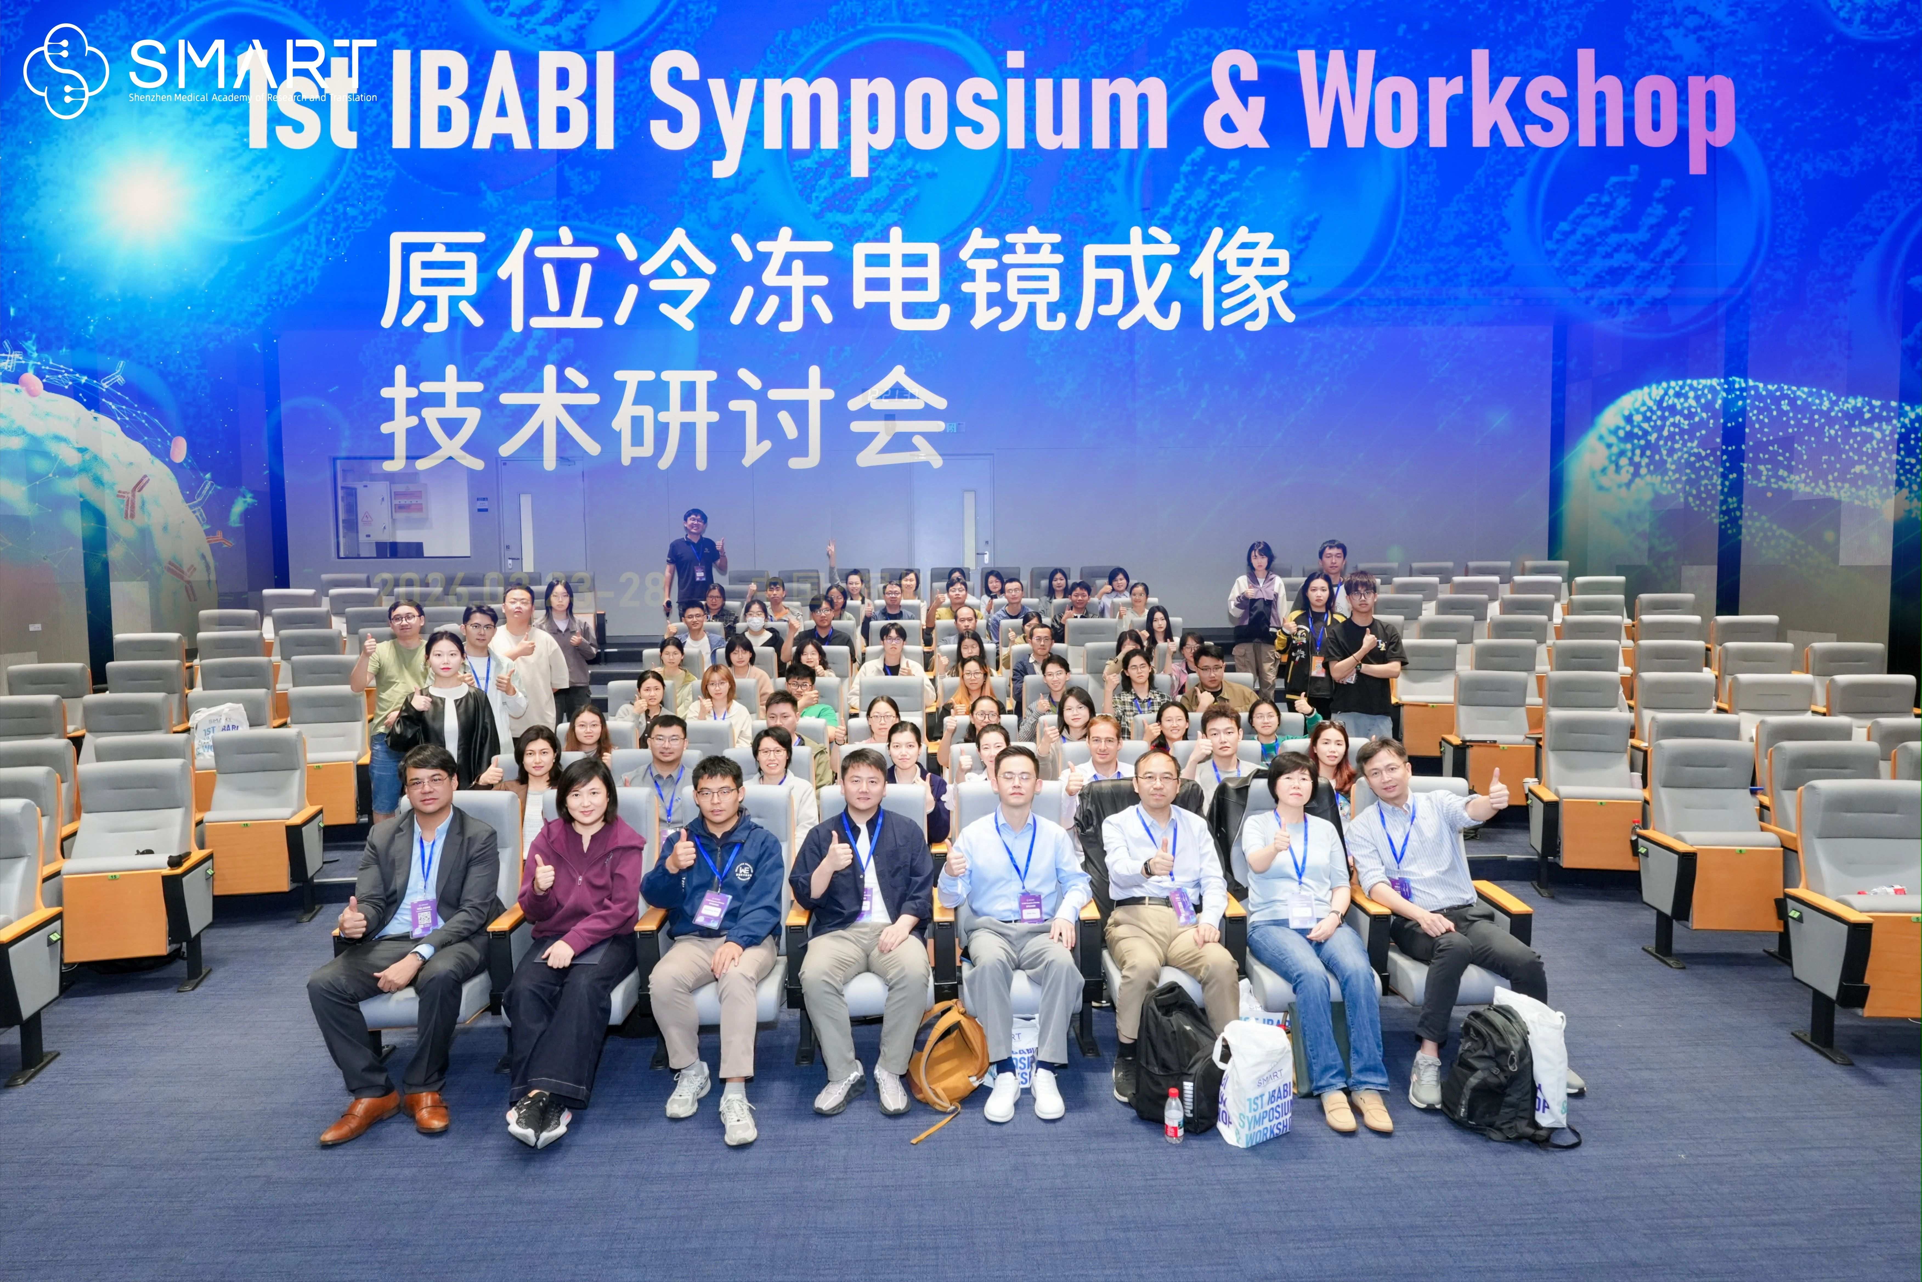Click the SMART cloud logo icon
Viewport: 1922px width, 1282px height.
click(x=65, y=70)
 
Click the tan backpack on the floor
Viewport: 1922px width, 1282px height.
click(x=948, y=1055)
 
